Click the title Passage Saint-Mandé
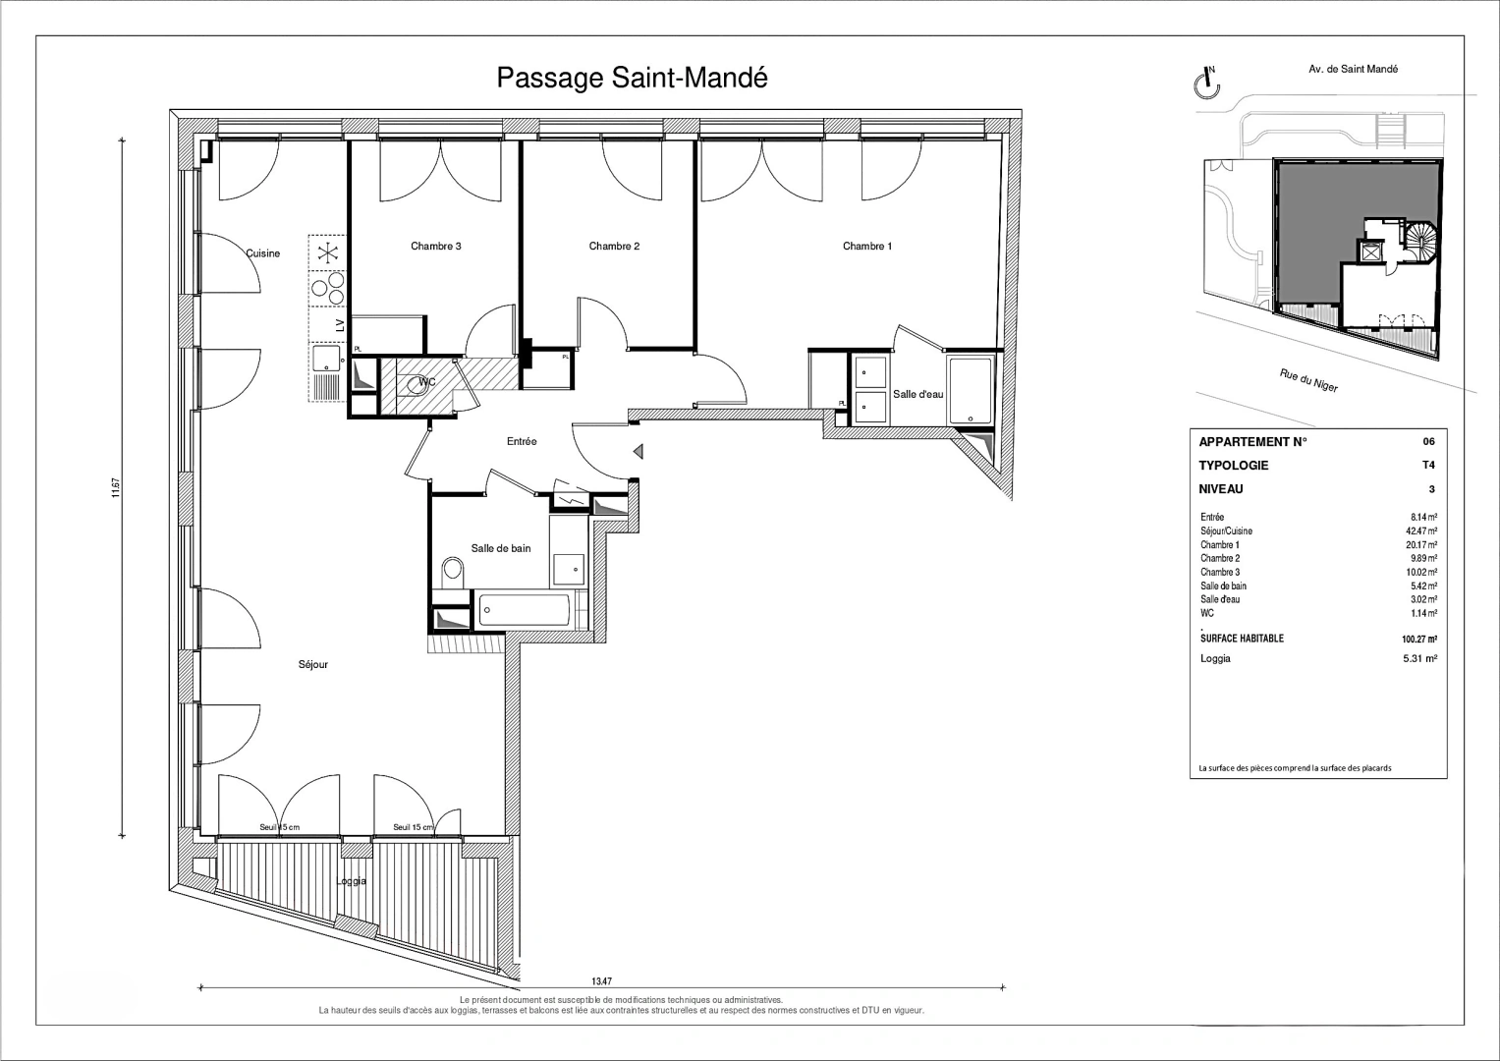(x=632, y=78)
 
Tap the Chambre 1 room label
(x=866, y=247)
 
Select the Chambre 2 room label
(x=614, y=247)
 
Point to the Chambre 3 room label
(x=435, y=247)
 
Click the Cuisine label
(x=262, y=253)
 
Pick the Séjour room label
(x=313, y=665)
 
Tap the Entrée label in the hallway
(x=522, y=442)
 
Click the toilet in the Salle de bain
(x=453, y=571)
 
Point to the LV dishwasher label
(x=339, y=325)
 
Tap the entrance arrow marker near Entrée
(x=639, y=452)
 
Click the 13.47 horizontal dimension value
(x=602, y=980)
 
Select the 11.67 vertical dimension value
(x=116, y=487)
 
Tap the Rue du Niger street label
(x=1307, y=380)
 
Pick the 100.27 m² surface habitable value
(x=1419, y=639)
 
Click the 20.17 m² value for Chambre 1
(x=1421, y=545)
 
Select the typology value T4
(x=1428, y=466)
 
